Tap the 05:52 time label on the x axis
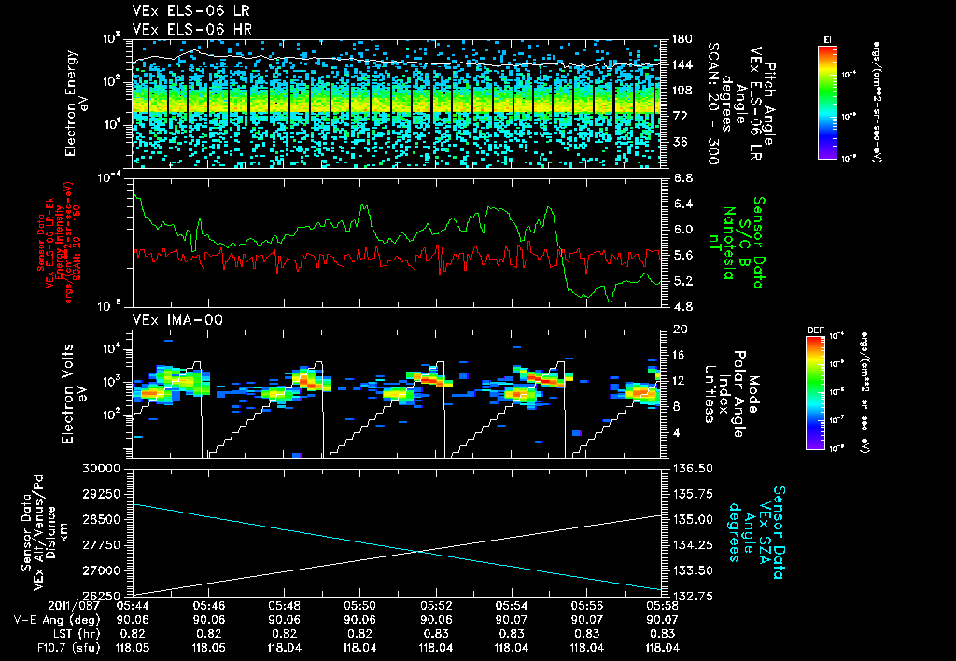436,606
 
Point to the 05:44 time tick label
132,606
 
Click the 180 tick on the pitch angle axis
680,38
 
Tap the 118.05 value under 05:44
132,646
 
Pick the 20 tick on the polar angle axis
678,330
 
